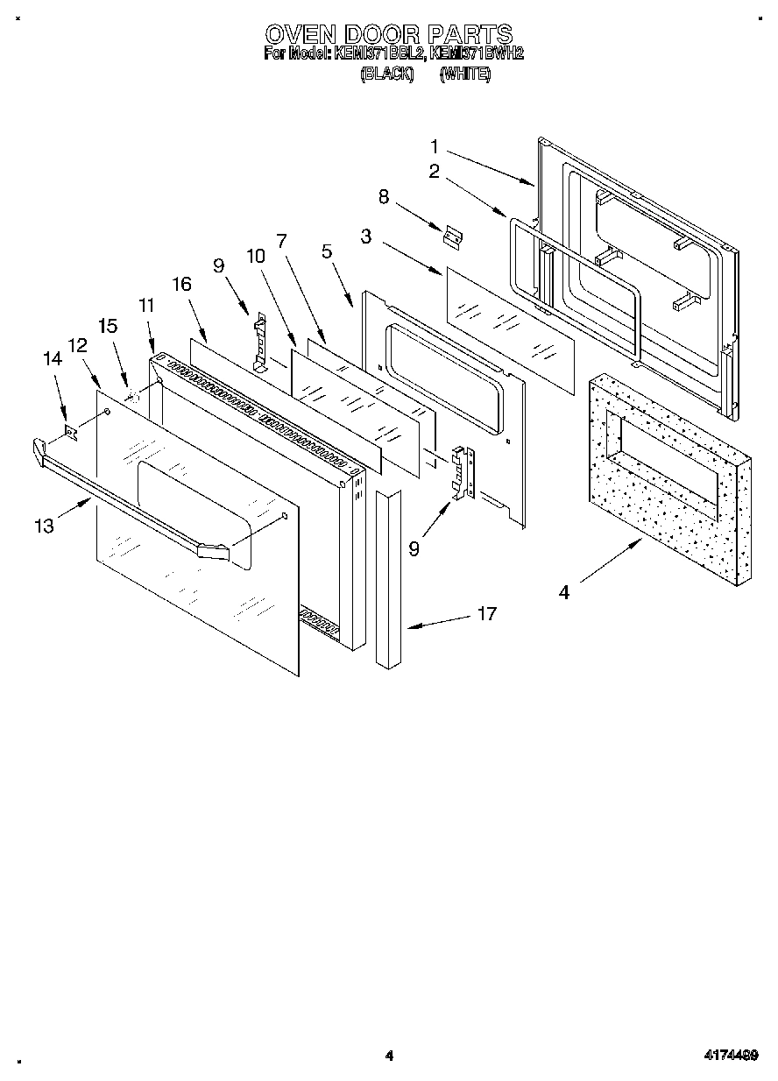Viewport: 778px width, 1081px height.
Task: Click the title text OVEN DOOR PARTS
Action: (388, 34)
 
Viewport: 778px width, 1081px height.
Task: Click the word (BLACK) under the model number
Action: (386, 75)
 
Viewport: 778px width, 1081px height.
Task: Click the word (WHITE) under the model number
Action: (465, 75)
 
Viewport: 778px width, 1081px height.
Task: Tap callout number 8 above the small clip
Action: (383, 196)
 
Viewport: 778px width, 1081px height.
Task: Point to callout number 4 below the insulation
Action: (564, 593)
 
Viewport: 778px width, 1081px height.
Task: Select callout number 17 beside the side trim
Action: (486, 614)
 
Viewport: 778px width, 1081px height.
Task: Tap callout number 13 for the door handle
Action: (44, 526)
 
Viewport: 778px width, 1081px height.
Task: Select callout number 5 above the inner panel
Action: (327, 252)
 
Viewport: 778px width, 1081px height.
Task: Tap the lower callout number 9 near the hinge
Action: (414, 549)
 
